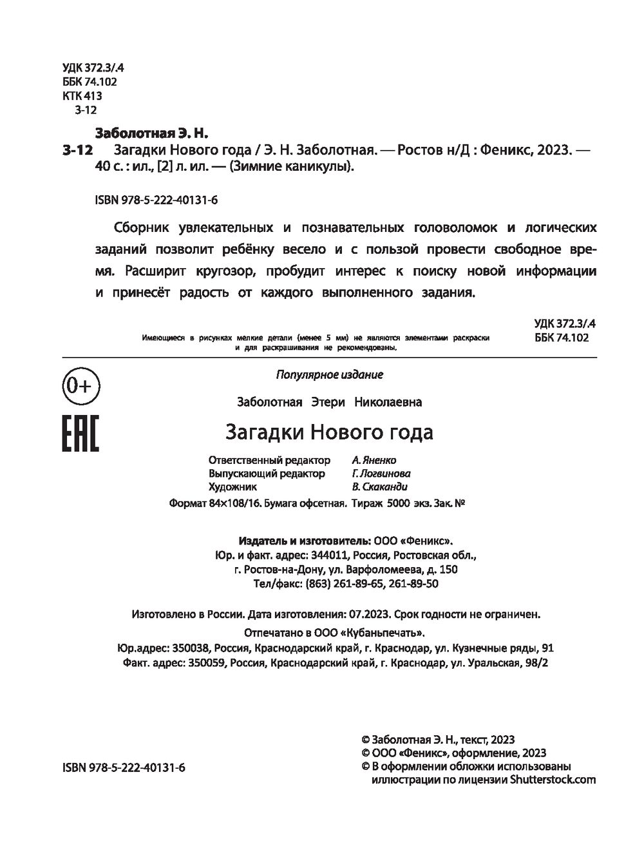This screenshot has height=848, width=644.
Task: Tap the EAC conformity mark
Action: [x=80, y=433]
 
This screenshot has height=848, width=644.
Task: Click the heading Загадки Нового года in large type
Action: [x=329, y=431]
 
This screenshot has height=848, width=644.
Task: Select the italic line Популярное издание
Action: [x=329, y=374]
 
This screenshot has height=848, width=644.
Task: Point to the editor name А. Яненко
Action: [x=374, y=460]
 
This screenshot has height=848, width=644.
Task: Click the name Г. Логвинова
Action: [x=381, y=474]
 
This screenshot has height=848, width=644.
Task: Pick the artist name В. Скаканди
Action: [x=380, y=487]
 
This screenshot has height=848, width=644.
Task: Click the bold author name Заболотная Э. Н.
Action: [x=152, y=134]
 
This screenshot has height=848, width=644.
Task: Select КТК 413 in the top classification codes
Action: [x=82, y=96]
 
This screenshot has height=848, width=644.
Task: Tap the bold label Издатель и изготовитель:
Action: [x=305, y=540]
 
